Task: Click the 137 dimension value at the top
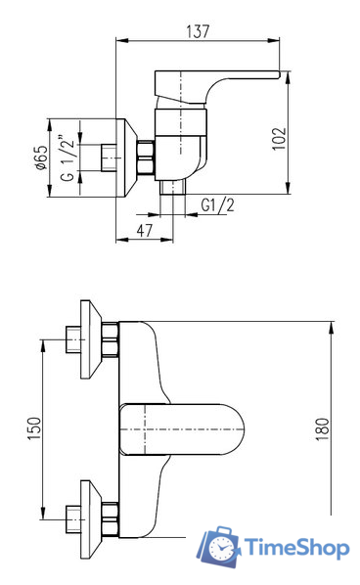(x=198, y=31)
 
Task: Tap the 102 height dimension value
(x=280, y=139)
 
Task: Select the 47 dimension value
(x=145, y=230)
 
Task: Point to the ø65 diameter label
(x=41, y=157)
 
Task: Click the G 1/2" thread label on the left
(x=67, y=157)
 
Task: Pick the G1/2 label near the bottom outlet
(x=218, y=205)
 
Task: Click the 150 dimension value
(x=34, y=428)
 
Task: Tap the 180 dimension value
(x=322, y=429)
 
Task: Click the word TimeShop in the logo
(x=297, y=548)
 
